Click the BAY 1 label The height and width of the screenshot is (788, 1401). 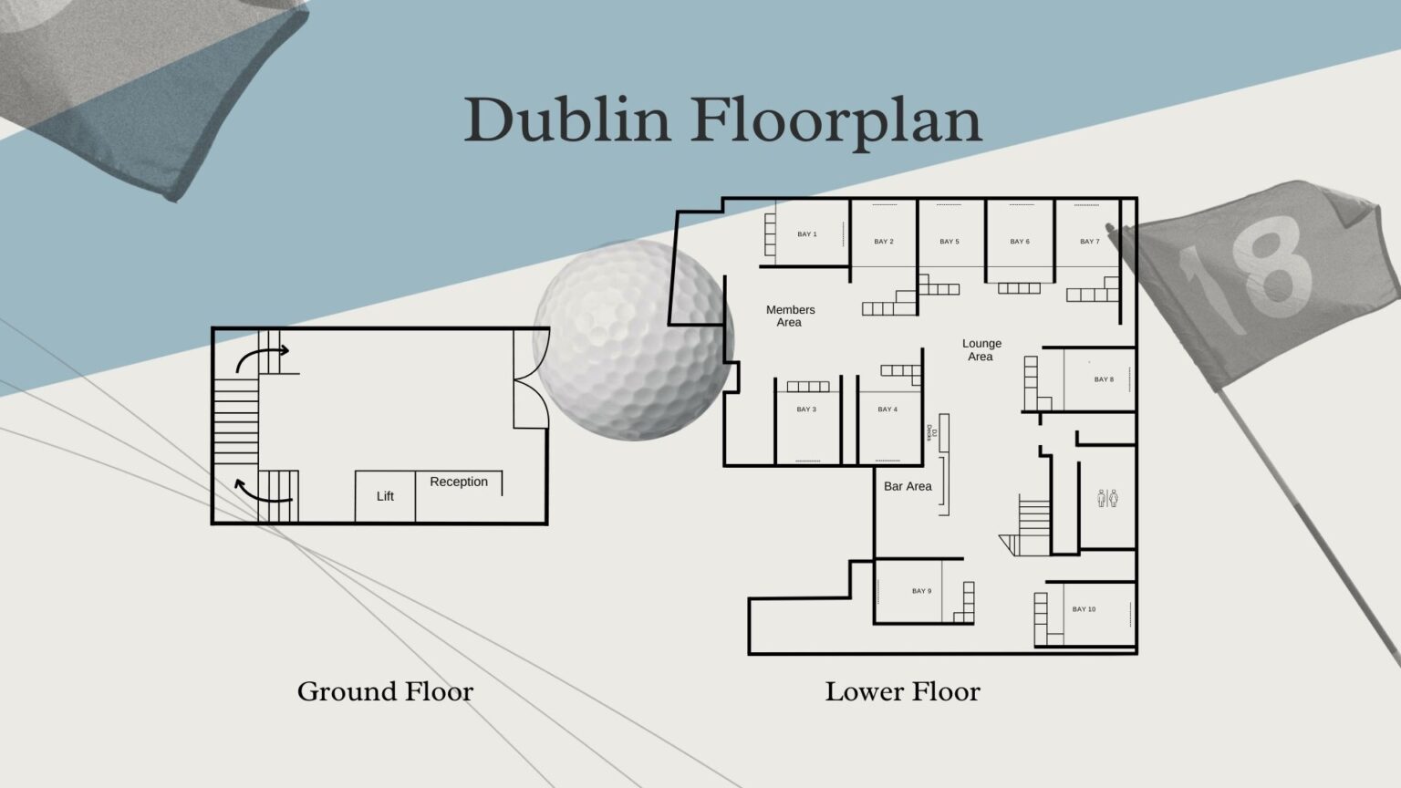807,233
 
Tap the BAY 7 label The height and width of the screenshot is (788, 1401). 1090,242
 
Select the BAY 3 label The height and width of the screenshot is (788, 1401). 806,409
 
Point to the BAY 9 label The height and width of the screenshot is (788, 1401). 921,591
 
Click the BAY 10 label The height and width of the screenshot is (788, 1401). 1084,609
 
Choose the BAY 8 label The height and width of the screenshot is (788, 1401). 1104,379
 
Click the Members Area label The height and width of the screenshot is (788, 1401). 791,316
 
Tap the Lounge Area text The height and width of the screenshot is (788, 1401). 981,349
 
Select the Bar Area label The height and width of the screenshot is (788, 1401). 908,486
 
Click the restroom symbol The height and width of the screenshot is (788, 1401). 1107,499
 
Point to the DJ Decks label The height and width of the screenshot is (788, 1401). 930,432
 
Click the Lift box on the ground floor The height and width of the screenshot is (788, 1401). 385,496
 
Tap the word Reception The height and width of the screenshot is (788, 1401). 459,482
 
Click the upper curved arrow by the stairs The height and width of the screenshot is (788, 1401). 260,355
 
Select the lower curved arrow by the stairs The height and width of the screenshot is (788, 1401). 261,494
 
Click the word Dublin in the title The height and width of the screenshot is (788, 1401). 567,119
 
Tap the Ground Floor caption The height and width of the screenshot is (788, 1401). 385,691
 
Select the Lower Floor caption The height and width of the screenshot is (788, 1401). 902,691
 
